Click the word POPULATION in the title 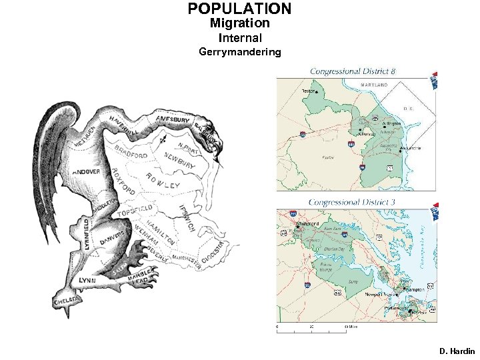pyautogui.click(x=239, y=9)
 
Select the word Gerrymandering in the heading pyautogui.click(x=239, y=51)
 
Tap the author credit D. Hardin pyautogui.click(x=457, y=351)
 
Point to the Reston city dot pyautogui.click(x=317, y=91)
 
